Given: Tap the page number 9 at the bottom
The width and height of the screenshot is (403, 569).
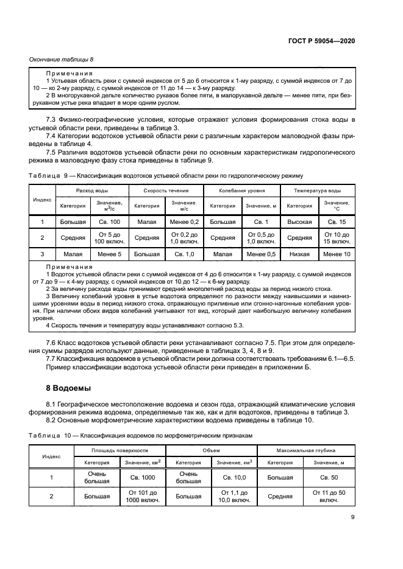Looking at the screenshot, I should [x=352, y=517].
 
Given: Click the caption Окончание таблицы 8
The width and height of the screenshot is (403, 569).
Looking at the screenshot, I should [x=62, y=59].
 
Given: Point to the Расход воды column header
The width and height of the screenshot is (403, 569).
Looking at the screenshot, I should [x=92, y=190].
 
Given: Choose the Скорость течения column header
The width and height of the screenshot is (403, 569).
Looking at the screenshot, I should [x=166, y=190].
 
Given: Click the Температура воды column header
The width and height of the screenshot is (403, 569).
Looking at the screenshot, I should [x=317, y=190].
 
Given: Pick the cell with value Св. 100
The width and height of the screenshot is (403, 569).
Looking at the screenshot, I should [x=110, y=222].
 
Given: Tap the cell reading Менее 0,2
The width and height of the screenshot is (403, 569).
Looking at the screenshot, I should [x=184, y=222].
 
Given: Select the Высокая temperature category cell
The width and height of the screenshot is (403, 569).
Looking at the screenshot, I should [x=299, y=222].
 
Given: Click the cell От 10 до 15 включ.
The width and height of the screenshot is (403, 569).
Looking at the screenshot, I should [x=337, y=238].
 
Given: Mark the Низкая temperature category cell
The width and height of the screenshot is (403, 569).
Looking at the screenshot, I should [x=299, y=254].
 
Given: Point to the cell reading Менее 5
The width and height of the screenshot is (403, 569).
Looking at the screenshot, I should [x=110, y=254].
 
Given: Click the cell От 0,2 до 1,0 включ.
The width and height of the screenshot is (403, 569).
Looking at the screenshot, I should [x=184, y=238].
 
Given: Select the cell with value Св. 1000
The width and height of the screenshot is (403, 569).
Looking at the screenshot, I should [x=142, y=477].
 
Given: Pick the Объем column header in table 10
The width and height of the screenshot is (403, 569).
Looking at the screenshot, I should [x=211, y=450].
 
